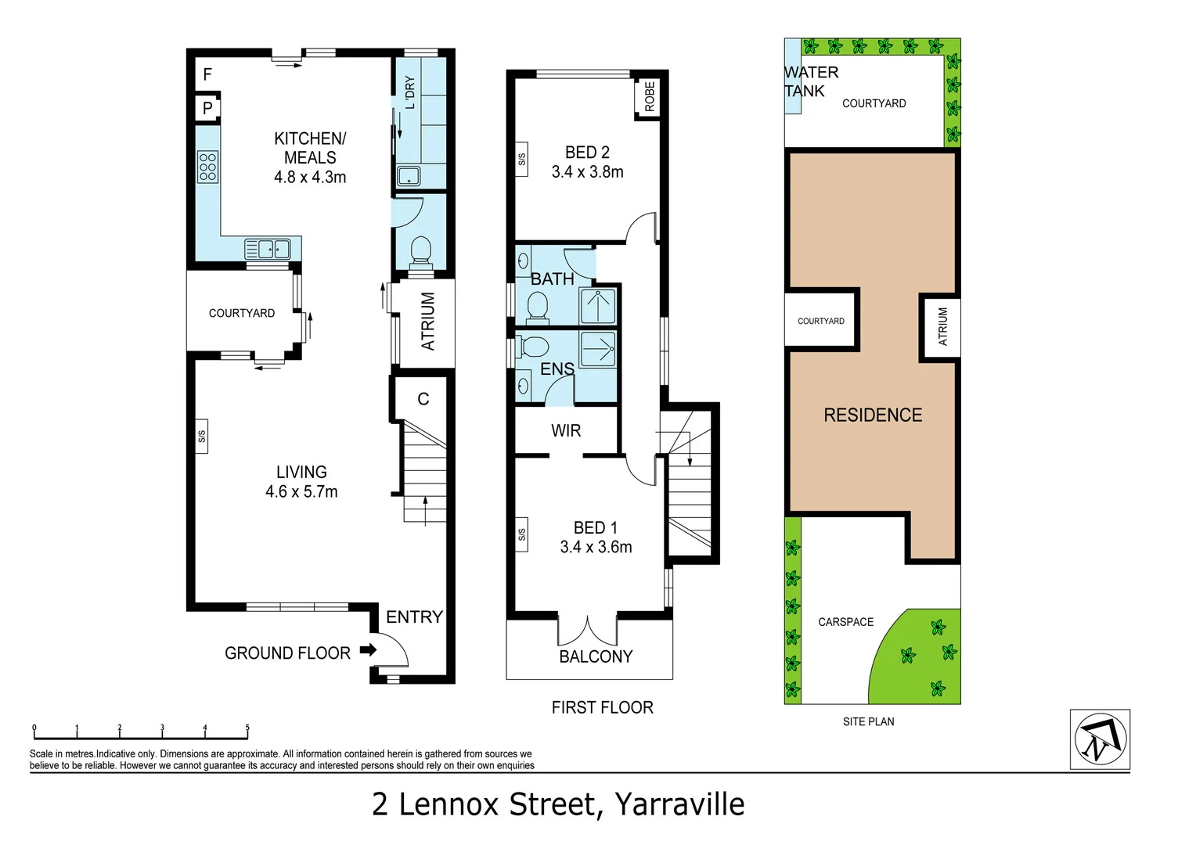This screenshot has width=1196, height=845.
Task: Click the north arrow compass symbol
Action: click(x=1100, y=739)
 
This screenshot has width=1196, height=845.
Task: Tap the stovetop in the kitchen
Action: click(x=207, y=167)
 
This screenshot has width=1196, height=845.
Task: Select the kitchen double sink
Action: click(x=268, y=249)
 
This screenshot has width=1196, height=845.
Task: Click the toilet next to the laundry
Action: click(x=420, y=250)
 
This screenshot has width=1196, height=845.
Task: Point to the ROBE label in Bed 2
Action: click(x=649, y=97)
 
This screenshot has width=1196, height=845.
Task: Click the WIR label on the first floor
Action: click(x=566, y=431)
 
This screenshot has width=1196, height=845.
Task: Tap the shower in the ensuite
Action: click(x=598, y=348)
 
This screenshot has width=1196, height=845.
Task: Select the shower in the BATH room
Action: click(x=598, y=306)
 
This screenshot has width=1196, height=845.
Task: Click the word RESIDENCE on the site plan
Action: click(x=873, y=415)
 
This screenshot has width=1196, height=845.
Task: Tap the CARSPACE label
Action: click(x=845, y=622)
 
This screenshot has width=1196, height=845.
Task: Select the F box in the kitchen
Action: click(x=207, y=74)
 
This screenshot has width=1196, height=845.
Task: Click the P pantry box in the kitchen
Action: click(x=207, y=108)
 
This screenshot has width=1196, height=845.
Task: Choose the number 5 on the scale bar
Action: click(x=247, y=728)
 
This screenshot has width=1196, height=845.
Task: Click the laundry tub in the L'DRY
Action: click(x=409, y=175)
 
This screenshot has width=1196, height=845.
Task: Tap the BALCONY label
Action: click(x=596, y=656)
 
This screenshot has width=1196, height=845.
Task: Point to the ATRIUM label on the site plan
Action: click(x=942, y=326)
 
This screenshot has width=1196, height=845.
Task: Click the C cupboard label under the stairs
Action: click(x=423, y=399)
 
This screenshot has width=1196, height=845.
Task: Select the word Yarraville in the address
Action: click(x=679, y=804)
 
